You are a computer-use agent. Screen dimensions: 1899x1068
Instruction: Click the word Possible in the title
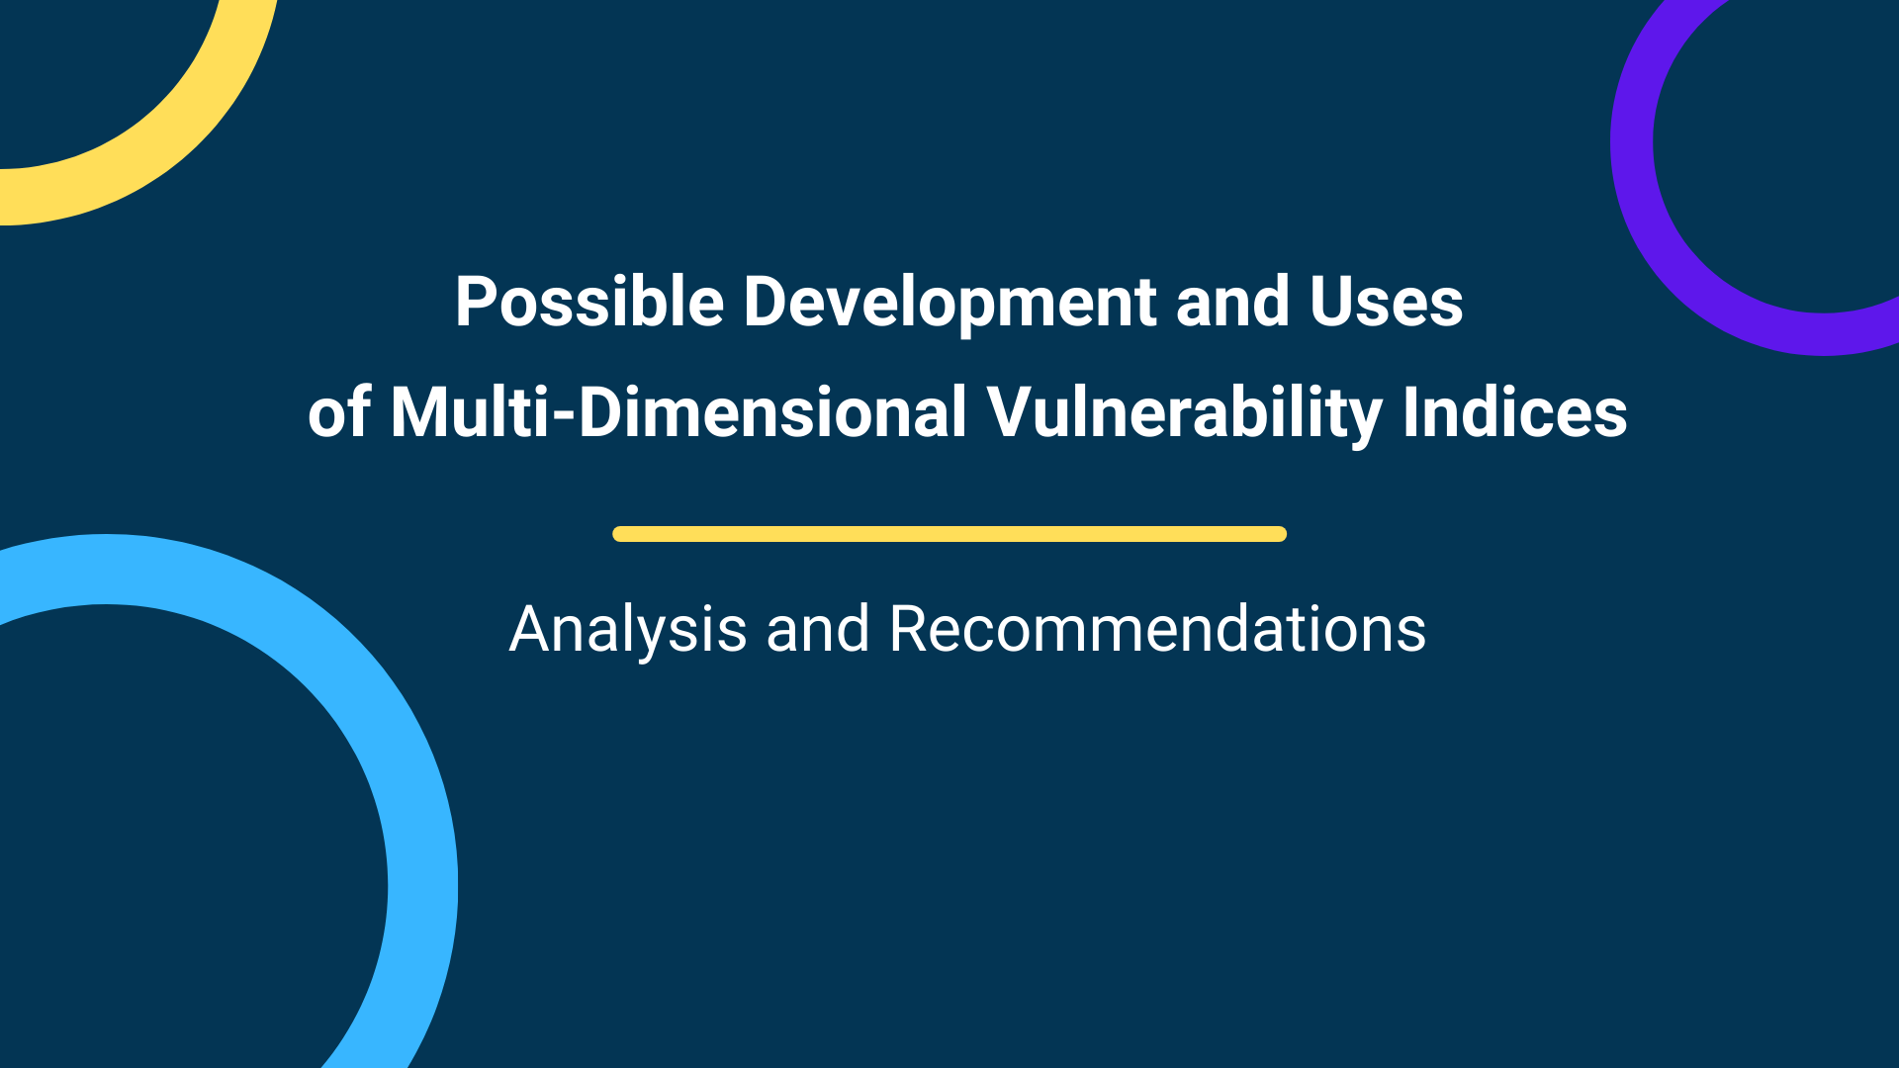(589, 302)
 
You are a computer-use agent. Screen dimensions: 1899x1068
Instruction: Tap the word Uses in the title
(1386, 303)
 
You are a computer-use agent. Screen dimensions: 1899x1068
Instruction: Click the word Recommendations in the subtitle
(1157, 629)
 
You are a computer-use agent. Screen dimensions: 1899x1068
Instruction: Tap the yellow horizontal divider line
(949, 534)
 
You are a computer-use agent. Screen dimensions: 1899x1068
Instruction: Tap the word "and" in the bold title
(1232, 303)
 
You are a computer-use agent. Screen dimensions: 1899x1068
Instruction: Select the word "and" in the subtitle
(818, 629)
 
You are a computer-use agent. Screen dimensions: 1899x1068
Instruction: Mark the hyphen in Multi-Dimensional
(564, 416)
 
